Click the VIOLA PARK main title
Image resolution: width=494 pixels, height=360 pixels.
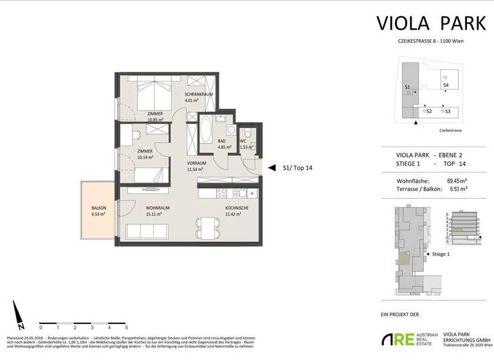pyautogui.click(x=421, y=24)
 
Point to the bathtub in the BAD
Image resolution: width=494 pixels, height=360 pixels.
pyautogui.click(x=206, y=130)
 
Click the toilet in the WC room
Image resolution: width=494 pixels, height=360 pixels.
pyautogui.click(x=252, y=136)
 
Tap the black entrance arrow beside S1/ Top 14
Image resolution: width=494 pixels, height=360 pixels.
pyautogui.click(x=272, y=168)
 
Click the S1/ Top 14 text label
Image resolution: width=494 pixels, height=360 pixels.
pyautogui.click(x=297, y=168)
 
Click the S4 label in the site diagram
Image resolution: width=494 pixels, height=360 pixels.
pyautogui.click(x=445, y=85)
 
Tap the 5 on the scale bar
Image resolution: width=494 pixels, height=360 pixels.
pyautogui.click(x=109, y=327)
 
